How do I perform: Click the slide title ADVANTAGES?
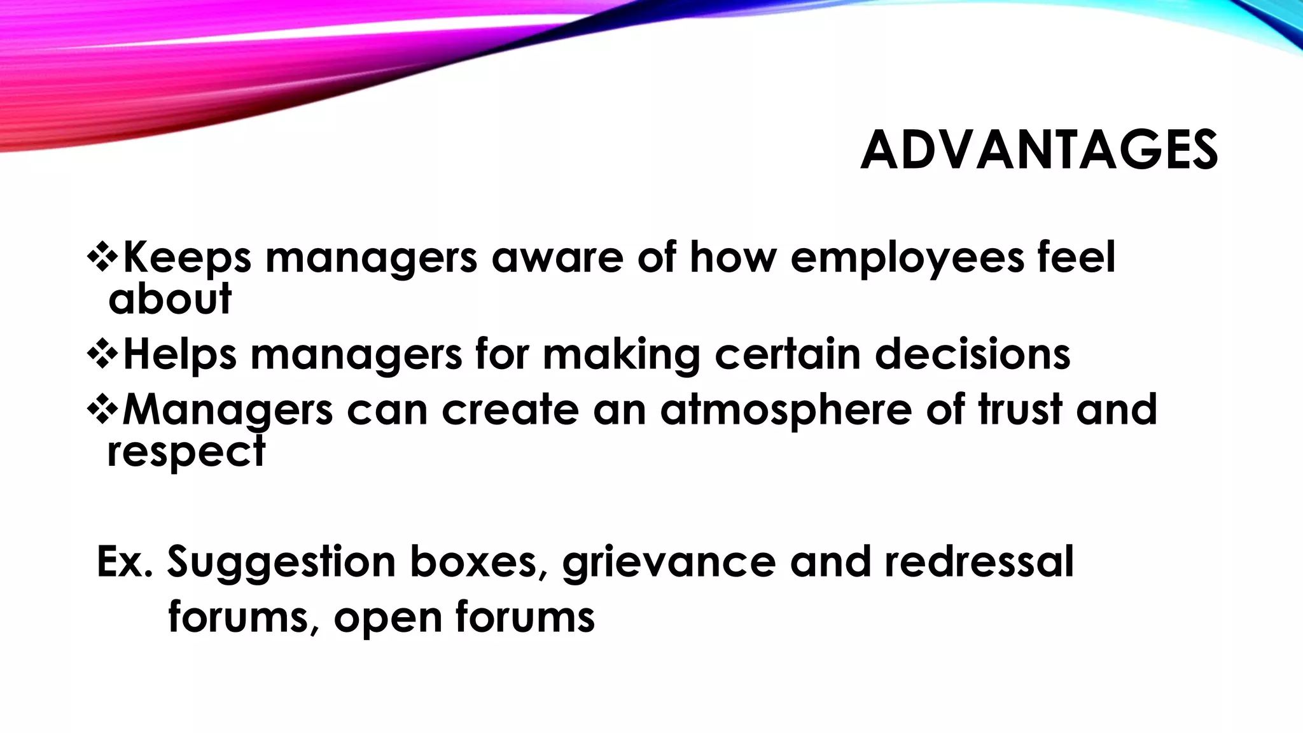tap(1039, 151)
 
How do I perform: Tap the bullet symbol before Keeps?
tap(102, 256)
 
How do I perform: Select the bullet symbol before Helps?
tap(102, 354)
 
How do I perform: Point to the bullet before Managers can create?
tap(102, 408)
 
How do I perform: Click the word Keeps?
tap(186, 258)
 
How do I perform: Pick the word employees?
tap(907, 258)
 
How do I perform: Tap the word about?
tap(170, 299)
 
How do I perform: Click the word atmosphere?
tap(786, 410)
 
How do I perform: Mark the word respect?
tap(186, 452)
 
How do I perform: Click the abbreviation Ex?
tap(125, 561)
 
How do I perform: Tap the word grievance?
tap(669, 562)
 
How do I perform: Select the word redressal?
tap(979, 561)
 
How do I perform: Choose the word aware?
tap(557, 258)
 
